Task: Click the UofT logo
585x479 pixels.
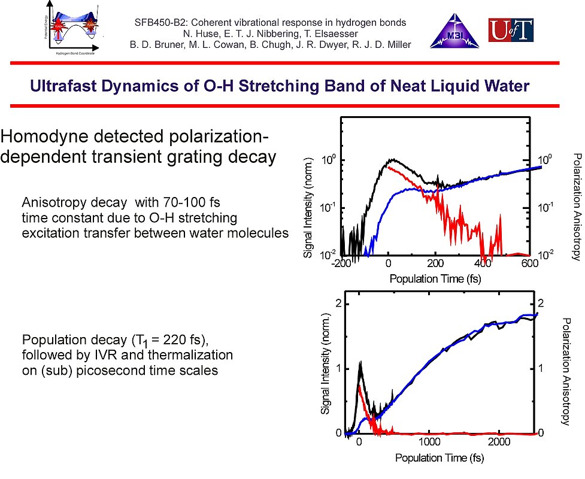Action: tap(511, 31)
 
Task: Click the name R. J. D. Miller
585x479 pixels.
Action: tap(381, 44)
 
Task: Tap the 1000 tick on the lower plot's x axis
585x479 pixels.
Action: tap(429, 441)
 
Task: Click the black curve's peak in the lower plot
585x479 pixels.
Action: tap(360, 362)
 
